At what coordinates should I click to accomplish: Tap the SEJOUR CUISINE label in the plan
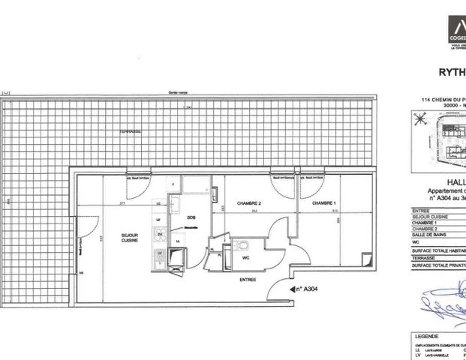(x=131, y=239)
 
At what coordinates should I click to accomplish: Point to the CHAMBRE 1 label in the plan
(x=323, y=203)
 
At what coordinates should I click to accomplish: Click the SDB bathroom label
(x=191, y=217)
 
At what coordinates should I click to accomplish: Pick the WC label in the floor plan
(x=245, y=256)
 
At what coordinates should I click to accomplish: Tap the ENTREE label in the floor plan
(x=247, y=280)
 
